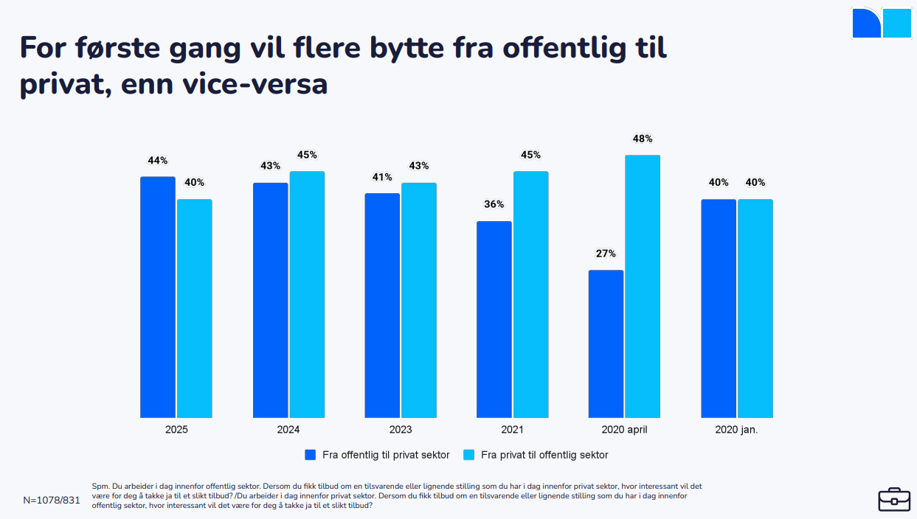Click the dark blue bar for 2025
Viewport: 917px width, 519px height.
158,297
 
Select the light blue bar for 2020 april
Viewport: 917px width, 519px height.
643,286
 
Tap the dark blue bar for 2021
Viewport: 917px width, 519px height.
494,319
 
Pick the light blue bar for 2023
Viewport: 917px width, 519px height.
419,300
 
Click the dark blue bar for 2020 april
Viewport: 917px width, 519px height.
606,344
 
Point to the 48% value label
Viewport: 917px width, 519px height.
643,139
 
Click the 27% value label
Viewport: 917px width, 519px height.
606,254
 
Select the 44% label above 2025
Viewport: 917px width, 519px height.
158,161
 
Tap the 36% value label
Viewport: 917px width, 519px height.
494,204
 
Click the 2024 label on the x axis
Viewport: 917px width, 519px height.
288,430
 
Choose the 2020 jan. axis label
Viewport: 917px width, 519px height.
736,430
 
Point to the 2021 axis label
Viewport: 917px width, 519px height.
512,430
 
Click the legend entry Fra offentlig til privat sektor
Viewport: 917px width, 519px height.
386,455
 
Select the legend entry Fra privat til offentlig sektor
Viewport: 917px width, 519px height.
544,455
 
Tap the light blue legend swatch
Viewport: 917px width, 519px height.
468,455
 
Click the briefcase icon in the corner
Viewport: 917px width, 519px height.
894,499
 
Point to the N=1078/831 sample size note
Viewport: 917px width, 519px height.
52,500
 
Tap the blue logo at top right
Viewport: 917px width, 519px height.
882,23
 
